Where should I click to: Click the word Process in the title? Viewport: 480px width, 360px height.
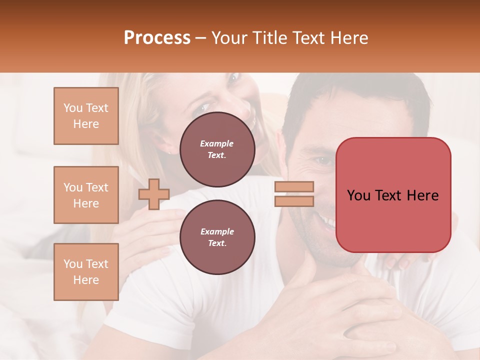[x=157, y=38]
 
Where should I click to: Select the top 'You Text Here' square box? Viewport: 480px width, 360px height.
[x=86, y=116]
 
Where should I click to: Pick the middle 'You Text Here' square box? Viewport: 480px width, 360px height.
[x=86, y=195]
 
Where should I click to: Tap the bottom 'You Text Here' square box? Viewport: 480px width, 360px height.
[x=86, y=271]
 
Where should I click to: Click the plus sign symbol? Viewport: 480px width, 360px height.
[x=153, y=194]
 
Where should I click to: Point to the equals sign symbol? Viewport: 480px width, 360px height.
[x=294, y=194]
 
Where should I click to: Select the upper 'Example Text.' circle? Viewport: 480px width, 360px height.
[x=217, y=149]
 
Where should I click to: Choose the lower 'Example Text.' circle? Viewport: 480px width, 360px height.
[x=217, y=237]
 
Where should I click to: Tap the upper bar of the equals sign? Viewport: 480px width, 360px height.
[x=294, y=187]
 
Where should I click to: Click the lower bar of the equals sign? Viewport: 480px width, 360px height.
[x=294, y=201]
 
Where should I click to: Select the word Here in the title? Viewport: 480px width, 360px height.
[x=349, y=38]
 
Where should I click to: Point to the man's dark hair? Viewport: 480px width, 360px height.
[x=350, y=100]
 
